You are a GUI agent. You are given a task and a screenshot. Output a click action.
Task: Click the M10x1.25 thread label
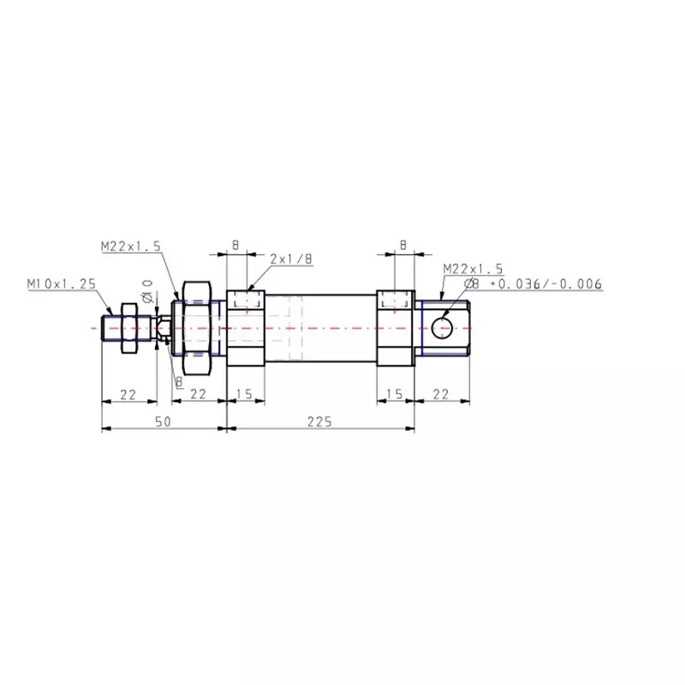(x=59, y=283)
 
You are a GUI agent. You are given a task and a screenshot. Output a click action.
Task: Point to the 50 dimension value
(x=163, y=420)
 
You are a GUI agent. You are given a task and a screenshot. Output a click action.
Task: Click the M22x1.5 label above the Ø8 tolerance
(x=473, y=269)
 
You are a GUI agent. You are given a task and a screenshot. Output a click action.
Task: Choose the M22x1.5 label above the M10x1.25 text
(x=130, y=246)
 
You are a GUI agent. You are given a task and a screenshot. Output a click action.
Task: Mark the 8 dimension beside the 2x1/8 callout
(x=235, y=245)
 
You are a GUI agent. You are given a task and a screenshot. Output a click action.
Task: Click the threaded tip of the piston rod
(x=110, y=327)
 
